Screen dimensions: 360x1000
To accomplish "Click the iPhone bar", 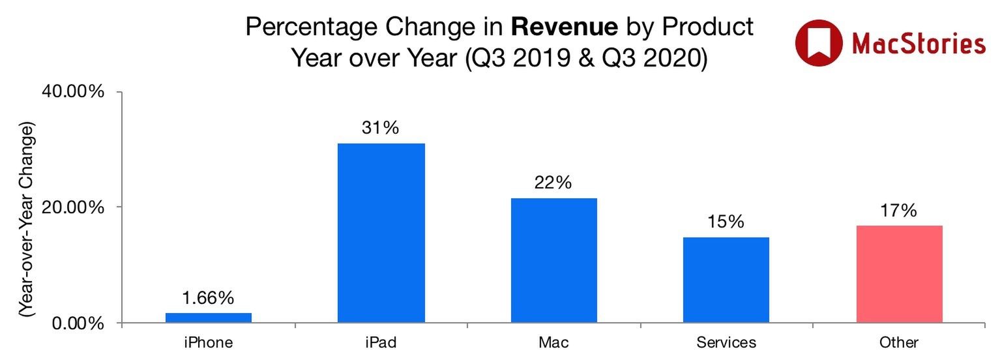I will point(209,318).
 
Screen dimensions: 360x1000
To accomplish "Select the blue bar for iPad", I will point(381,233).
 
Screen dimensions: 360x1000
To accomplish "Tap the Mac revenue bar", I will point(553,260).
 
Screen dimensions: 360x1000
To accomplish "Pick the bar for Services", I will point(726,280).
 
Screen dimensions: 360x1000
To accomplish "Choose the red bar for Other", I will point(899,274).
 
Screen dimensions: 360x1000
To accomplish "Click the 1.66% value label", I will point(209,299).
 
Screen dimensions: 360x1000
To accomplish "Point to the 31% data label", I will point(381,129).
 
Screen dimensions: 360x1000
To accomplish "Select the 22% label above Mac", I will point(553,184).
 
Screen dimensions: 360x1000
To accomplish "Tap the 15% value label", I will point(726,222).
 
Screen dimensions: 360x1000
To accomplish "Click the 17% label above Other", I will point(899,211).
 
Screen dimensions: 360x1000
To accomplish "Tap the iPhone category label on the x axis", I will point(209,342).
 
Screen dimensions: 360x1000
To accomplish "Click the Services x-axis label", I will point(726,342).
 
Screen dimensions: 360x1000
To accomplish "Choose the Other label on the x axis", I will point(899,342).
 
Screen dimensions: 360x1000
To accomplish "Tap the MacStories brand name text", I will point(919,44).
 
